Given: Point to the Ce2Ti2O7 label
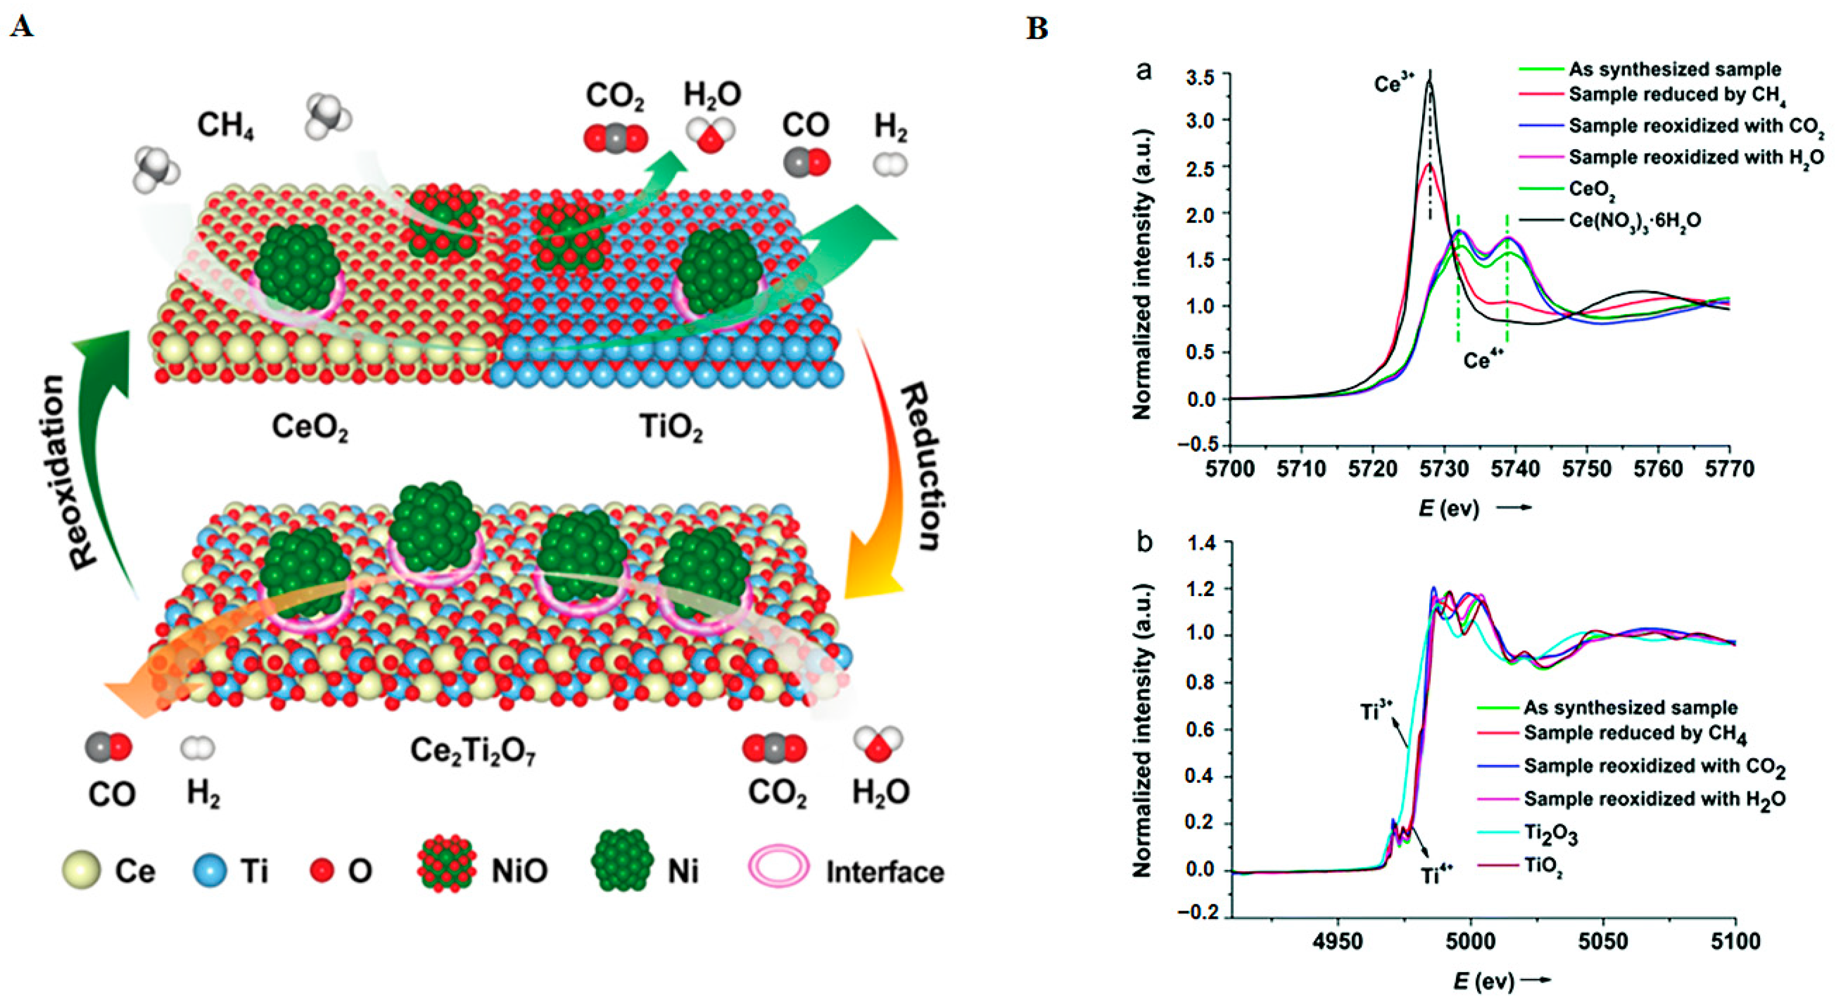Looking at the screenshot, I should click(473, 752).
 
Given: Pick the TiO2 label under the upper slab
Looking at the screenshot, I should click(670, 428).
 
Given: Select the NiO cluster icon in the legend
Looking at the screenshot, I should click(447, 869).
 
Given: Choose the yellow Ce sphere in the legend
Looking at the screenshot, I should click(81, 871).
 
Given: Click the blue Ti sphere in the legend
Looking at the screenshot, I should click(210, 871).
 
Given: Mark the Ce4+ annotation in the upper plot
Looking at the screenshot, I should click(1486, 360).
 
